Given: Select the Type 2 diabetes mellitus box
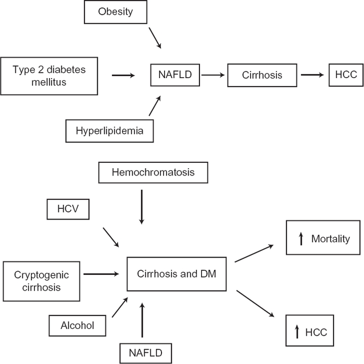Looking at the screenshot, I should point(49,76).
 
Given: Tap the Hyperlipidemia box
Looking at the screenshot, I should point(109,131).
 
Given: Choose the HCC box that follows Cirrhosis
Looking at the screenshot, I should point(345,75).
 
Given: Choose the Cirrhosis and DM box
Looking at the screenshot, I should point(176,274).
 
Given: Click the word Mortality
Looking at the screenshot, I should point(330,239).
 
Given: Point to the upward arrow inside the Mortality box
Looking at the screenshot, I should point(301,239).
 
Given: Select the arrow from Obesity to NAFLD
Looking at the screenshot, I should point(155,39).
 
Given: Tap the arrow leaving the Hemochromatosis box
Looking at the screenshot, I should point(142,206).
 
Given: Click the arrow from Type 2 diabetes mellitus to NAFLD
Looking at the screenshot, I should point(123,76).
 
